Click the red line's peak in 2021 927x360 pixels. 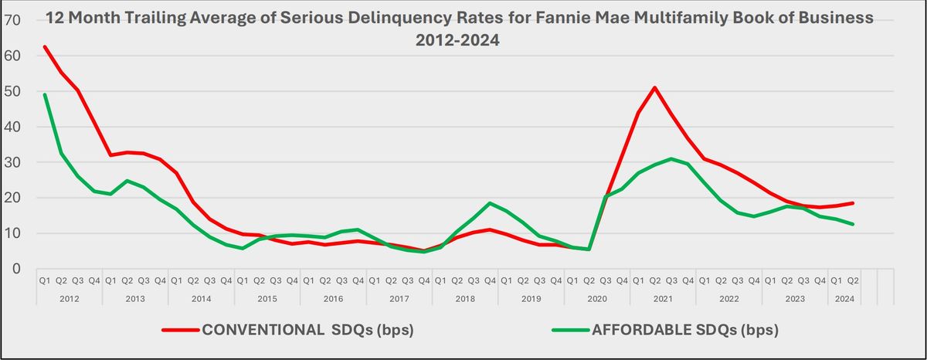point(655,87)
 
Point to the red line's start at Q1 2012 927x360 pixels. point(45,46)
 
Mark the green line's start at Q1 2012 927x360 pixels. point(45,94)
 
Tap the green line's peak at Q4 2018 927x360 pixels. point(491,203)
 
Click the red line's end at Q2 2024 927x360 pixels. point(853,203)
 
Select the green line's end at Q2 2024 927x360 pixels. point(853,224)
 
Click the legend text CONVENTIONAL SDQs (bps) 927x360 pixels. point(307,331)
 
